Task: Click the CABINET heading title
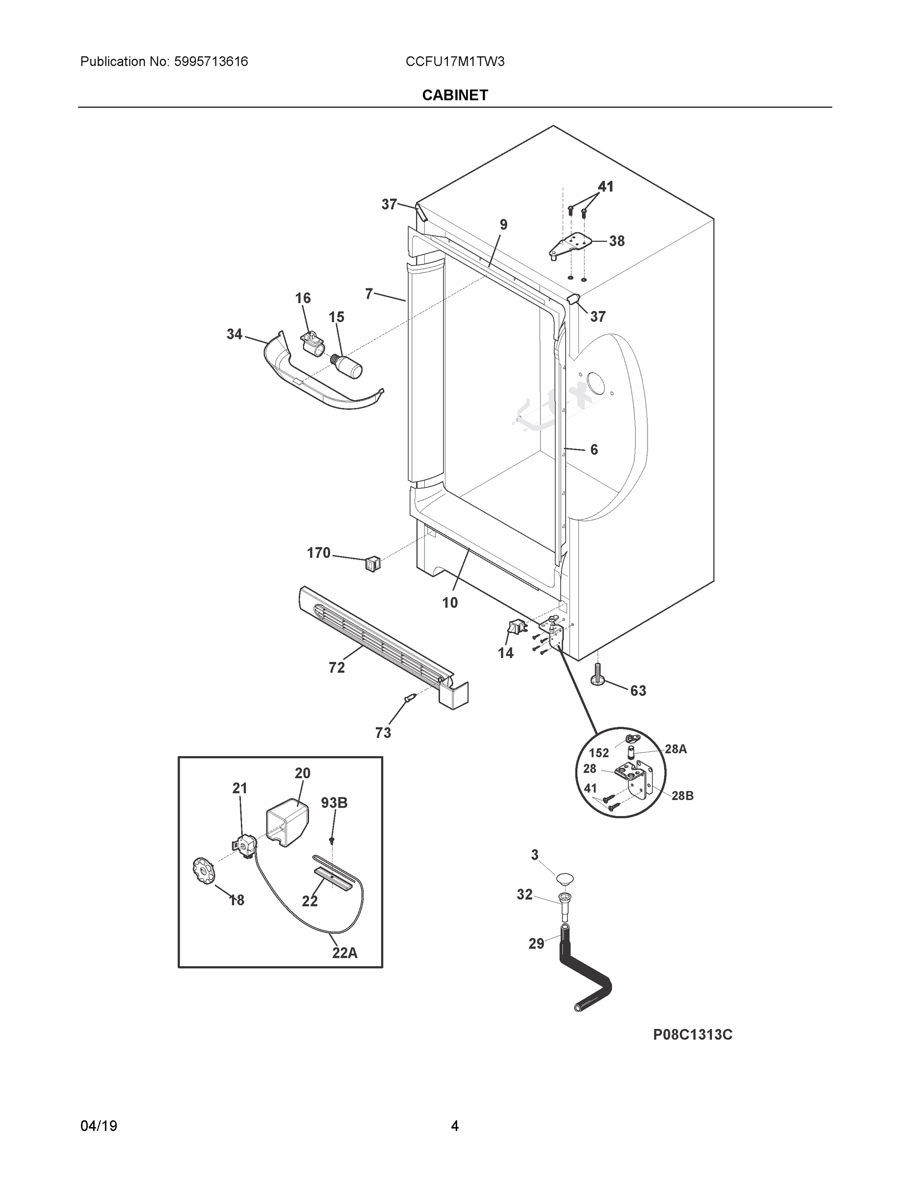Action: [455, 96]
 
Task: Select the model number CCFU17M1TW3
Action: [455, 62]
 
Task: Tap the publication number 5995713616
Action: [211, 62]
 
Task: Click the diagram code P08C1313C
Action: [692, 1035]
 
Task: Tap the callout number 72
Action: [337, 667]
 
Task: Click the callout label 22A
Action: [344, 953]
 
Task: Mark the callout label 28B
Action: [682, 795]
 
